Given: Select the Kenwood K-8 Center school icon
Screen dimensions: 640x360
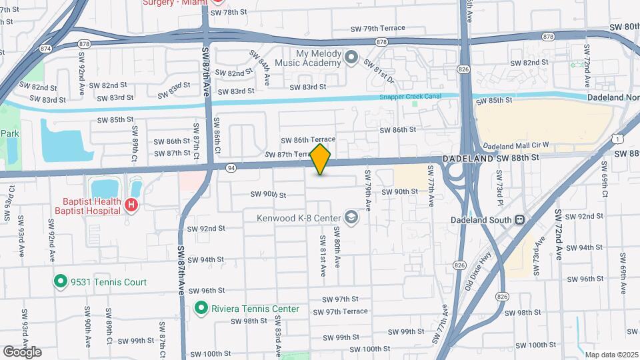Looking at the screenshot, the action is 350,217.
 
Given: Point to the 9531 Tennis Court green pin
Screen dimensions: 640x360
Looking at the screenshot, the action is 61,282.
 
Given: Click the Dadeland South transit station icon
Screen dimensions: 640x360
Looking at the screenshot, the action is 517,219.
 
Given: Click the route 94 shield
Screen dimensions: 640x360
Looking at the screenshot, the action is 231,167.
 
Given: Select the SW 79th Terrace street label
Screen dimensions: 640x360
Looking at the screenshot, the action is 378,29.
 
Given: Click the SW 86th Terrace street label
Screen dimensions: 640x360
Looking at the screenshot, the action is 308,139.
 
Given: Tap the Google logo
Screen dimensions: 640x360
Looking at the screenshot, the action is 22,351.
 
